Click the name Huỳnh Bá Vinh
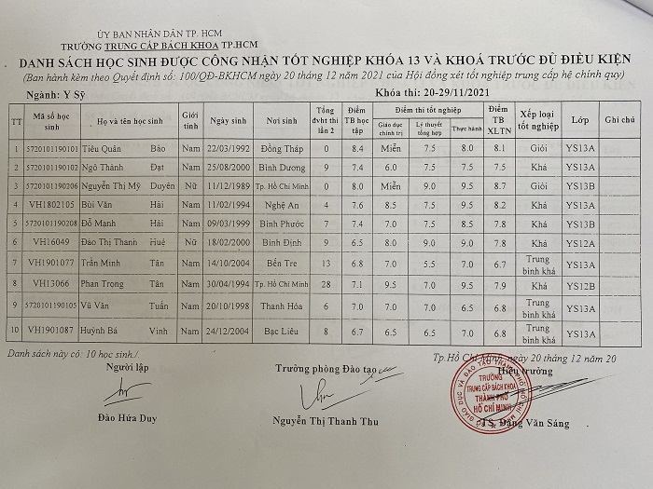(132, 330)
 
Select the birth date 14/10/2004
(229, 263)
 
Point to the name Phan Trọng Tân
(132, 284)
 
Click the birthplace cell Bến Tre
(284, 263)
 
